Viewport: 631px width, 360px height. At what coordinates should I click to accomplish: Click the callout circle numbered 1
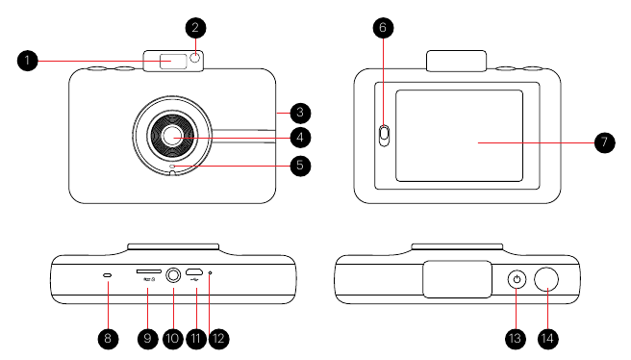pyautogui.click(x=28, y=61)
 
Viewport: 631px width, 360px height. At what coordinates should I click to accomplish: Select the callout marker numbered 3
pyautogui.click(x=300, y=112)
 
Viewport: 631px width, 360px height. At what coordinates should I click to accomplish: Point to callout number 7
pyautogui.click(x=603, y=141)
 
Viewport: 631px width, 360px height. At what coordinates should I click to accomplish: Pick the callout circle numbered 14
pyautogui.click(x=550, y=339)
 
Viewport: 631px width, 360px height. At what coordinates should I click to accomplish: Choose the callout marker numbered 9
pyautogui.click(x=147, y=339)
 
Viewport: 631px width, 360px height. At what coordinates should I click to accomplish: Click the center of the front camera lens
pyautogui.click(x=173, y=137)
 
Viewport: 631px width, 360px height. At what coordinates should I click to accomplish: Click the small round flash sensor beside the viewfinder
pyautogui.click(x=195, y=60)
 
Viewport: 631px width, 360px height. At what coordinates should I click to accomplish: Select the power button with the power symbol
pyautogui.click(x=517, y=280)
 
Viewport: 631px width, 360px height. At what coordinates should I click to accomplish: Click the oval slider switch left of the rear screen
pyautogui.click(x=383, y=136)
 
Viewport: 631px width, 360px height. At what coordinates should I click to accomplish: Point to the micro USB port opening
pyautogui.click(x=193, y=272)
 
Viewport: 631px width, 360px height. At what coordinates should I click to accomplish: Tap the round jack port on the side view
pyautogui.click(x=173, y=274)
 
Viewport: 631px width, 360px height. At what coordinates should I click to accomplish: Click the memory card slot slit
pyautogui.click(x=148, y=272)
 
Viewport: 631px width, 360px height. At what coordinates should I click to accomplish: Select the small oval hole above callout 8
pyautogui.click(x=107, y=274)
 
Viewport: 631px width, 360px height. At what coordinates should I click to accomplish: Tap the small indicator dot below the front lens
pyautogui.click(x=173, y=167)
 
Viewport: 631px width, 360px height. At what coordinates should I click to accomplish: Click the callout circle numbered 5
pyautogui.click(x=300, y=166)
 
